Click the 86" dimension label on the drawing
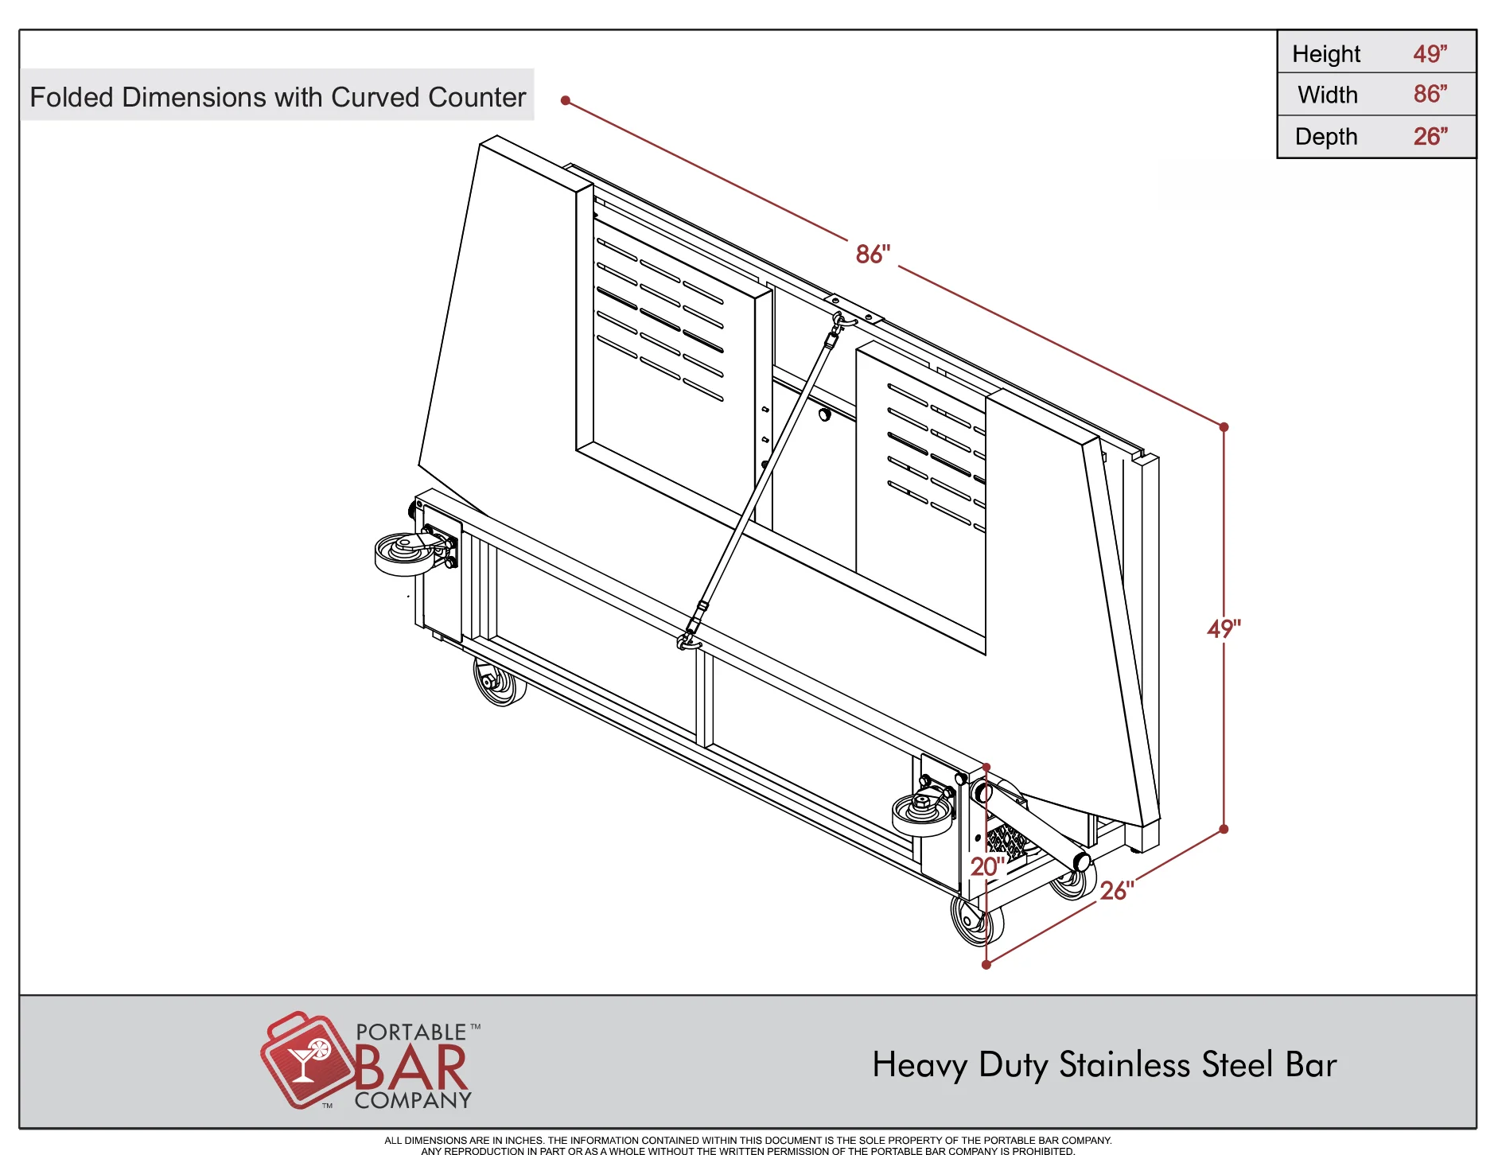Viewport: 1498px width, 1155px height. point(873,254)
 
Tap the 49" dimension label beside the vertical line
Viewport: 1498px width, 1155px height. point(1224,628)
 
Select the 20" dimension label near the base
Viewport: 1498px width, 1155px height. point(987,866)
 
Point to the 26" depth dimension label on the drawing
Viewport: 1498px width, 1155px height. point(1117,890)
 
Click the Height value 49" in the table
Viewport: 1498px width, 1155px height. point(1430,53)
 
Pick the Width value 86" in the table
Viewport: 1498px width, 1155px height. point(1430,94)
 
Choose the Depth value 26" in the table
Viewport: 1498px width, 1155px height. point(1430,136)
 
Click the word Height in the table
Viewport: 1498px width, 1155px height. point(1326,54)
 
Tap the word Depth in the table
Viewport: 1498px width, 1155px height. point(1326,137)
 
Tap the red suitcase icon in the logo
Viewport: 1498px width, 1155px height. point(307,1060)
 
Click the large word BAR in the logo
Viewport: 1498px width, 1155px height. point(410,1067)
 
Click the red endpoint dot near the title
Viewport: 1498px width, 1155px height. point(566,100)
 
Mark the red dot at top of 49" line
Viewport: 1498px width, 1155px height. point(1224,427)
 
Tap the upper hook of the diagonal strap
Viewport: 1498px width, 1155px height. point(840,322)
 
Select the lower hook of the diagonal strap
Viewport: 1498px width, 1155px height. point(689,640)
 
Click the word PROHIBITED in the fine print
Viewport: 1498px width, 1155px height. point(1043,1150)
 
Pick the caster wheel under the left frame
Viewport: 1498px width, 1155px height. point(499,682)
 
